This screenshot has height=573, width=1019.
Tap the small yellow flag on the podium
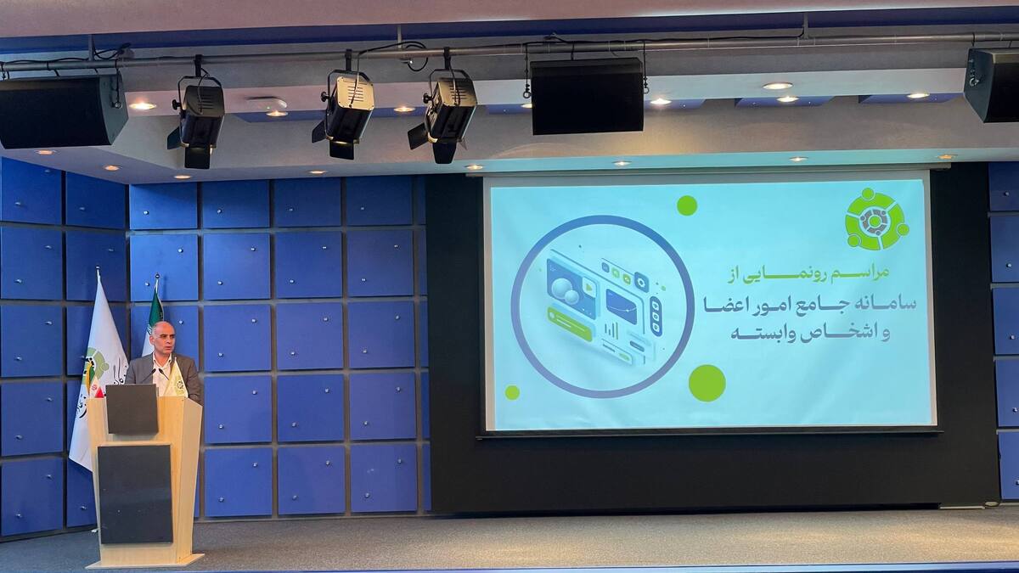pyautogui.click(x=177, y=382)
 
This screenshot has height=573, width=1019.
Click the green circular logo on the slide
pyautogui.click(x=875, y=219)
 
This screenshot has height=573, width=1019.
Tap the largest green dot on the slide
pyautogui.click(x=707, y=383)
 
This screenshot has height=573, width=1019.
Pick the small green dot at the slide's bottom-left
pyautogui.click(x=512, y=392)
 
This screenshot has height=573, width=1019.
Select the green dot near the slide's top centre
pyautogui.click(x=687, y=205)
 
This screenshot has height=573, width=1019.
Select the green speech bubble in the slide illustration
pyautogui.click(x=570, y=323)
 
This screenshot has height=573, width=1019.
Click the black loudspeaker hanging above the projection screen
pyautogui.click(x=587, y=95)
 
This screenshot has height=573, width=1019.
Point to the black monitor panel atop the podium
pyautogui.click(x=132, y=409)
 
